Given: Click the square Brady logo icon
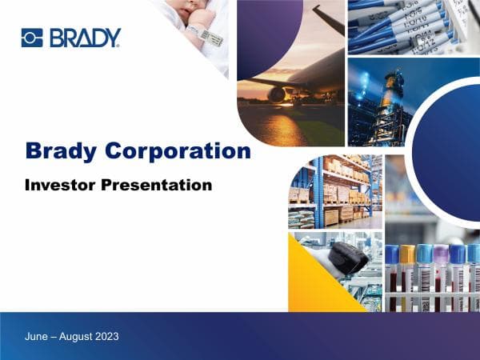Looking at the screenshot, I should (31, 37).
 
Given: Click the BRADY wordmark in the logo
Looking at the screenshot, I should (85, 38).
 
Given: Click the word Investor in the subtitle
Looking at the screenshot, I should (61, 185).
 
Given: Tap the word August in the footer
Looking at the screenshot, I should (70, 337).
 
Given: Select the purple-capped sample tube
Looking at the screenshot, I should (441, 276).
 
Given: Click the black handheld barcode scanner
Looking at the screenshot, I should (350, 258).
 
